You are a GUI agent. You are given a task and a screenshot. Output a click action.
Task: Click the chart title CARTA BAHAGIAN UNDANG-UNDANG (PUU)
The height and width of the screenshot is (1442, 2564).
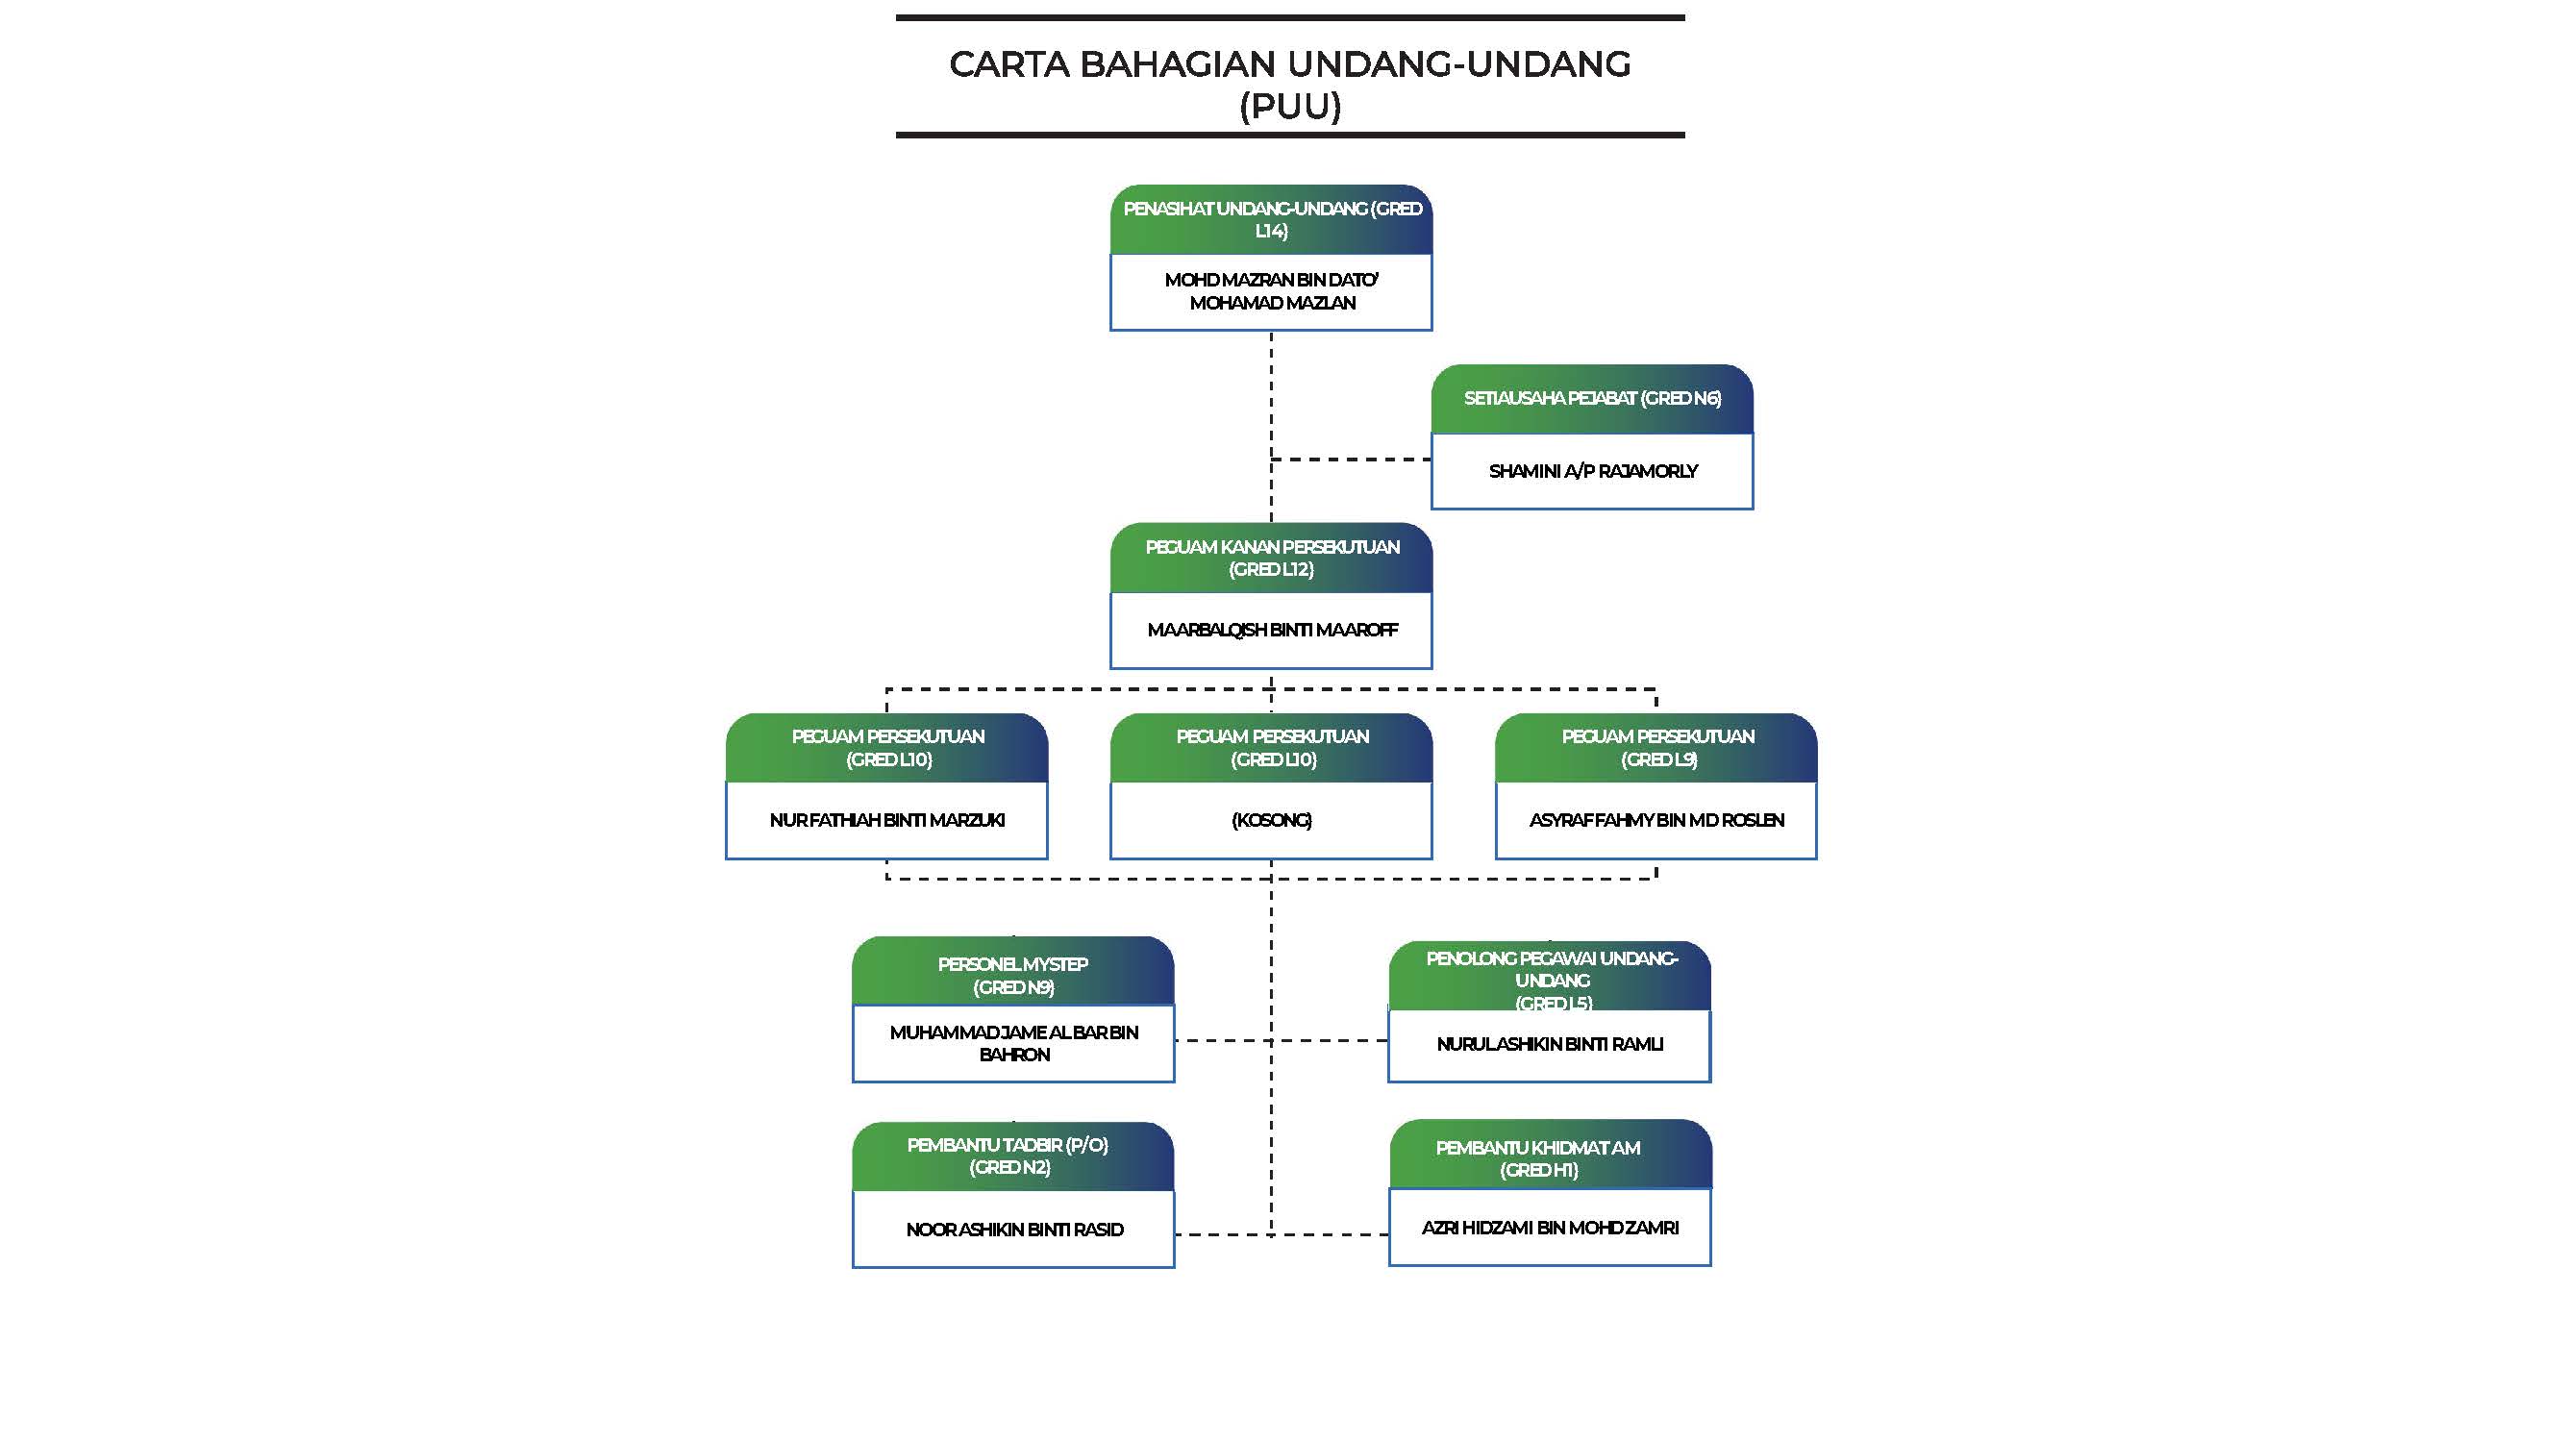[x=1289, y=84]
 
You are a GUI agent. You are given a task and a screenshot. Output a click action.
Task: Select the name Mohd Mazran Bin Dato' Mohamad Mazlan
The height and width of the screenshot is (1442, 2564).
[x=1271, y=291]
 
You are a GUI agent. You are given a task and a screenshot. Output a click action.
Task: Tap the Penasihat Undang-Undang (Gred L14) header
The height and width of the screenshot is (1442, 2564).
[x=1271, y=220]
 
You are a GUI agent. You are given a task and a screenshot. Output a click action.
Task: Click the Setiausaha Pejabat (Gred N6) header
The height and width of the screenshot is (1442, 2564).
[x=1591, y=399]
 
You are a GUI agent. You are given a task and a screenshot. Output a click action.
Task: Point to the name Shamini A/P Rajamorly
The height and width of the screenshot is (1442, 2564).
[x=1591, y=472]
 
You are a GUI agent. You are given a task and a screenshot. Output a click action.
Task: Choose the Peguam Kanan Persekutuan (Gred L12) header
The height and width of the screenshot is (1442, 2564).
[x=1271, y=559]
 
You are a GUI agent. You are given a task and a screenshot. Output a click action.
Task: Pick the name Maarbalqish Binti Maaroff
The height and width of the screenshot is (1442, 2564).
[x=1271, y=630]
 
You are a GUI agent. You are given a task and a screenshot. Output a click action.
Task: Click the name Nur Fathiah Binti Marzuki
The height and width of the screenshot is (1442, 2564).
[x=885, y=820]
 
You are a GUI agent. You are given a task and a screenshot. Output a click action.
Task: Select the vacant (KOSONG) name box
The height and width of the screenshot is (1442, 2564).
[x=1271, y=820]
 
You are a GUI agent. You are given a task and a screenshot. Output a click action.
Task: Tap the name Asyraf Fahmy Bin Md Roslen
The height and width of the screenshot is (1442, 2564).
[x=1655, y=820]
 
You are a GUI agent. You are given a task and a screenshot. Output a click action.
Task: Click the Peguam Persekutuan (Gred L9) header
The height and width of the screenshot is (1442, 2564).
[x=1656, y=748]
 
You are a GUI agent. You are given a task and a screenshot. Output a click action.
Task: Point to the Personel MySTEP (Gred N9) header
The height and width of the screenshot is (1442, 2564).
[x=1012, y=975]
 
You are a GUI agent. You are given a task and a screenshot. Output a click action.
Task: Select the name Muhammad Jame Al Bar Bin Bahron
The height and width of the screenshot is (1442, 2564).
[x=1013, y=1044]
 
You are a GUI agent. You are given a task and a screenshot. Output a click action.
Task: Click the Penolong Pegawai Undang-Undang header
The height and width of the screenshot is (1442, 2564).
[x=1550, y=980]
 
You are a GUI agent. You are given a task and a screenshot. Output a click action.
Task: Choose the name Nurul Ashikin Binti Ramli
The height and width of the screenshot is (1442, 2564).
[x=1549, y=1045]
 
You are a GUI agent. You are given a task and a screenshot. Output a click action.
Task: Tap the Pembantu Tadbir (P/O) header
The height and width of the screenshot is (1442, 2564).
[x=1012, y=1156]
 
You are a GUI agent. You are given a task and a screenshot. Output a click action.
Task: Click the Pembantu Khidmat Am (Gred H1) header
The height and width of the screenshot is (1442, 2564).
[x=1550, y=1158]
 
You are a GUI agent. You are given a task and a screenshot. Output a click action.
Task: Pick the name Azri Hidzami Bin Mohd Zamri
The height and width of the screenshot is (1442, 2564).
[x=1549, y=1228]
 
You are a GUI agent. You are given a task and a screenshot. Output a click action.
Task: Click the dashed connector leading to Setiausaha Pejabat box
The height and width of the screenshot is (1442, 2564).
[x=1351, y=460]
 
